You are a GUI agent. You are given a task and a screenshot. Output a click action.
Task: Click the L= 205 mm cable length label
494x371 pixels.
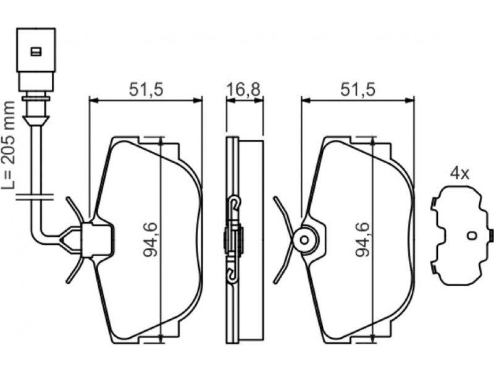point(8,145)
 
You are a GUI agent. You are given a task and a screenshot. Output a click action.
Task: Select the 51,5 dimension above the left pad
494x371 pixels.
point(146,90)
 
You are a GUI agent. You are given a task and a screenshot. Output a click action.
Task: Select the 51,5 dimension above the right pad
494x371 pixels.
point(358,90)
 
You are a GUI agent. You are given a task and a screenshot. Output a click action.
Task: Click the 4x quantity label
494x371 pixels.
point(459,174)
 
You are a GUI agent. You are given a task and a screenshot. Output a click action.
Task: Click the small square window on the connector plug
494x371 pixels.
point(36,51)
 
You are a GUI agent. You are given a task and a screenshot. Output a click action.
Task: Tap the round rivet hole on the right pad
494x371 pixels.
point(304,240)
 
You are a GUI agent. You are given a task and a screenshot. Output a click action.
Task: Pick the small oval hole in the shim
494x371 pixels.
point(472,236)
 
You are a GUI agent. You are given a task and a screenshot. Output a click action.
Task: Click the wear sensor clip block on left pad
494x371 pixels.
point(97,240)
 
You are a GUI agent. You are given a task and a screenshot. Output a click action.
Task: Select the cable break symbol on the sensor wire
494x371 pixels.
point(35,197)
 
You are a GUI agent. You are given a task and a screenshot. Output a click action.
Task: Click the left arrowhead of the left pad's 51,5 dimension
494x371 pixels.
point(94,100)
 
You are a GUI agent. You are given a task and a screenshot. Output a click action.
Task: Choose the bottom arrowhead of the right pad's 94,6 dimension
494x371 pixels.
point(373,338)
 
